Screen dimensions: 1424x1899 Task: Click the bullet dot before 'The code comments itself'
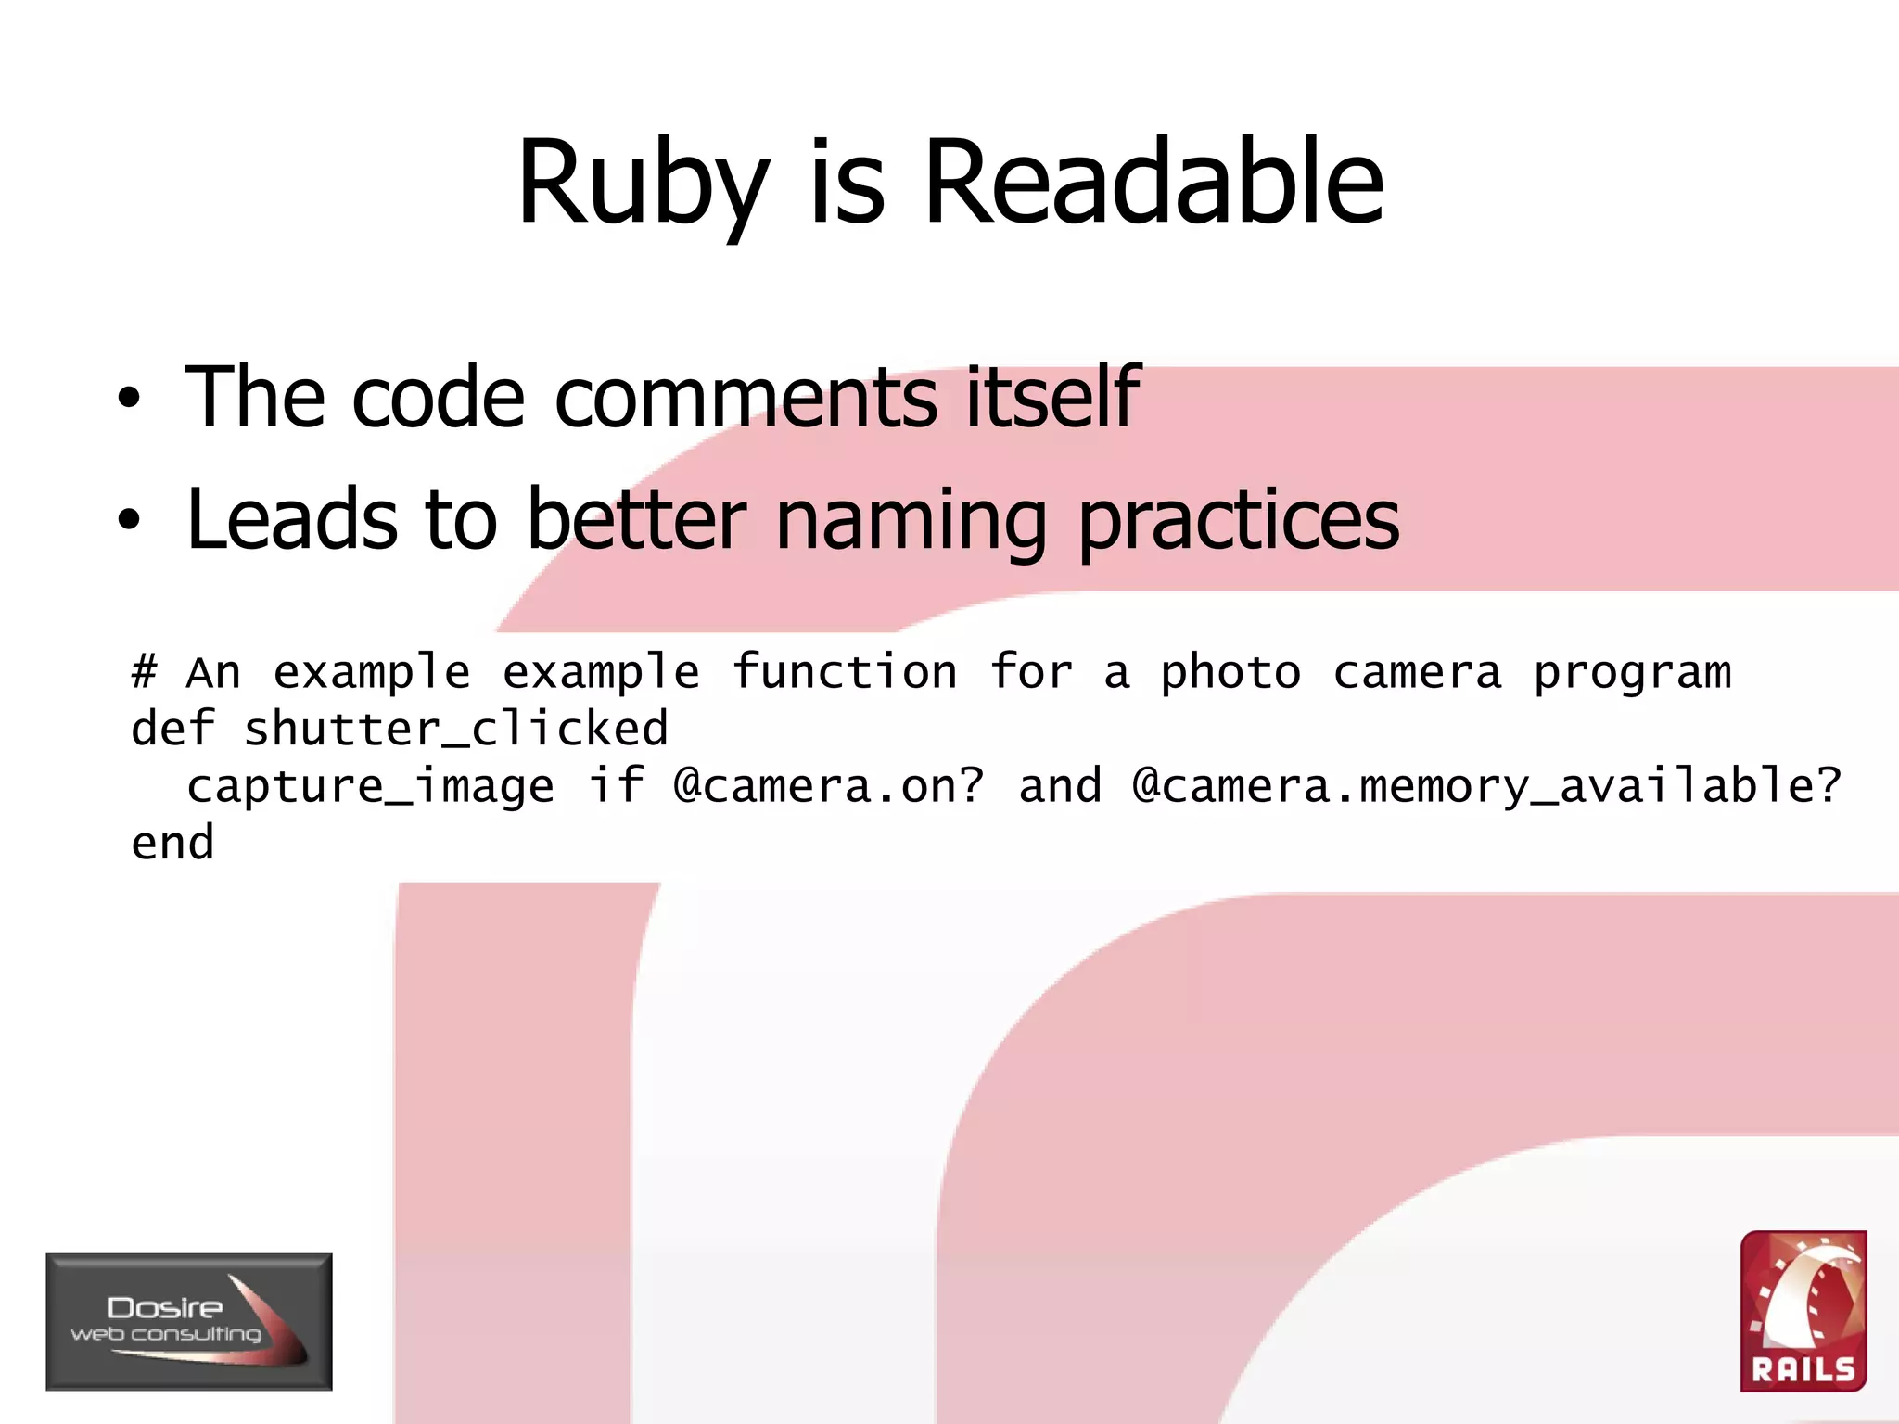coord(129,400)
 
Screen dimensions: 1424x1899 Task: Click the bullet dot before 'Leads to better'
coord(129,520)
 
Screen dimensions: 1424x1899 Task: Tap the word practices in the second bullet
coord(1239,520)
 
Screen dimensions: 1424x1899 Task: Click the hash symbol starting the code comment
coord(144,671)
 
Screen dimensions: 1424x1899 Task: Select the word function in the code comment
coord(845,671)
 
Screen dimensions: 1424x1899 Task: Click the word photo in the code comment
coord(1230,673)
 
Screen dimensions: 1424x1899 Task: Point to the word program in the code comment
coord(1632,673)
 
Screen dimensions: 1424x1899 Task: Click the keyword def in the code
coord(172,729)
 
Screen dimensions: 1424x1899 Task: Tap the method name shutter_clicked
coord(455,729)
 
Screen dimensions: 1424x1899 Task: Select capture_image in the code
coord(370,786)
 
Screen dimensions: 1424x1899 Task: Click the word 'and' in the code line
coord(1060,786)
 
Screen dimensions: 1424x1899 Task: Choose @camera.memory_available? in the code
coord(1486,786)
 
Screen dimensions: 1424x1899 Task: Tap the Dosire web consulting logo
coord(189,1321)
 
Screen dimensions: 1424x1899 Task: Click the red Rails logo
coord(1803,1311)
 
